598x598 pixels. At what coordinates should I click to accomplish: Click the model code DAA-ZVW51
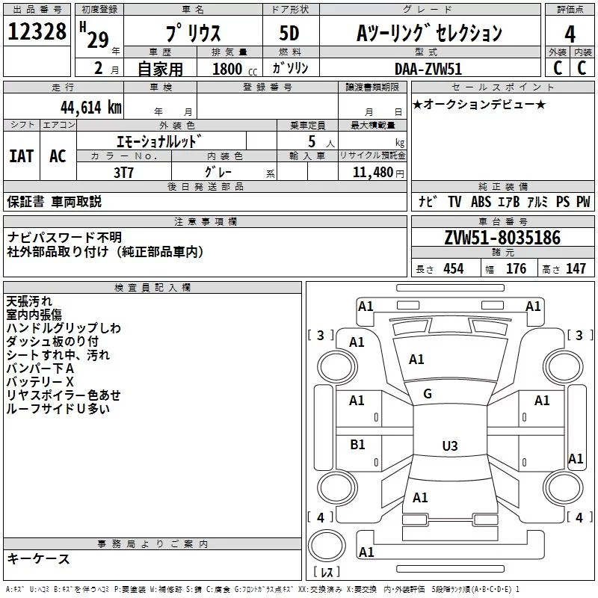427,67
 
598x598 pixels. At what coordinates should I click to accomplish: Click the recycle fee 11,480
367,172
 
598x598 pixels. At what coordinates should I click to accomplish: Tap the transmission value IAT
21,155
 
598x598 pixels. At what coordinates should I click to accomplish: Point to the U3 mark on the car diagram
449,446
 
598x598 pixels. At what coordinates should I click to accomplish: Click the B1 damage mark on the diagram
357,444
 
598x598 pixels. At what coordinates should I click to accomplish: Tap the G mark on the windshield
428,394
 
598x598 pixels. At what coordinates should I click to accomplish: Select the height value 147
576,269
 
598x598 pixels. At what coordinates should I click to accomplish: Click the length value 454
453,269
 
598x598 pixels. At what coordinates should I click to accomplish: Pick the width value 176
516,269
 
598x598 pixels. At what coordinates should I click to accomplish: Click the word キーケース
38,558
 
